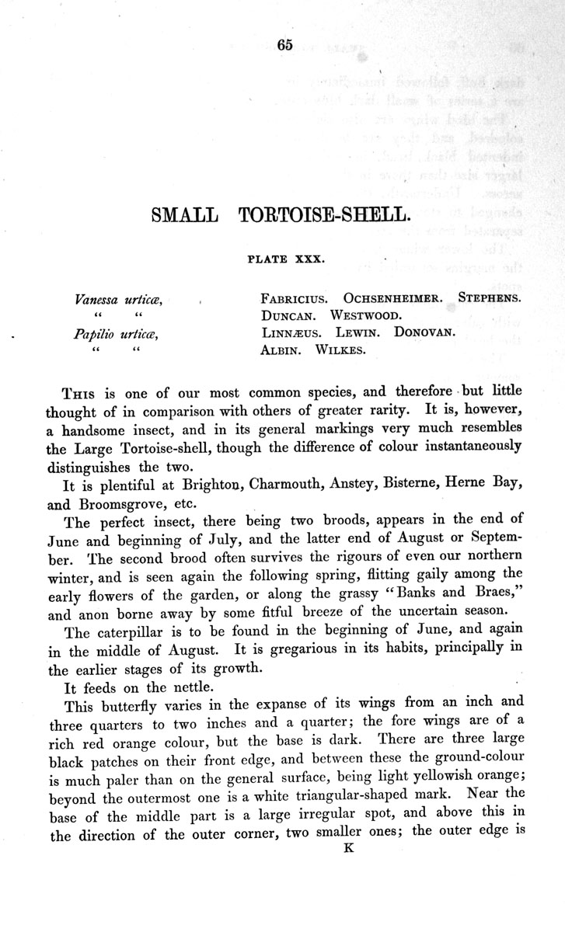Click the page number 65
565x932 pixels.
(283, 45)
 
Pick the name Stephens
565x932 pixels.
(490, 298)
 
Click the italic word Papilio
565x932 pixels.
(94, 334)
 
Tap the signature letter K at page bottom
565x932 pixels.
(349, 849)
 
